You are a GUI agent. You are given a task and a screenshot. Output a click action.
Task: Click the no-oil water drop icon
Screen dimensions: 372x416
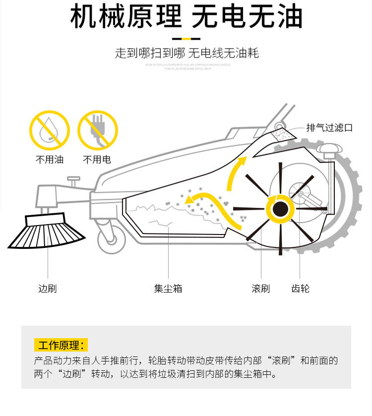(x=49, y=130)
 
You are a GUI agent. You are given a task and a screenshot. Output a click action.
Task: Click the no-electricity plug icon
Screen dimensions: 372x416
(x=98, y=130)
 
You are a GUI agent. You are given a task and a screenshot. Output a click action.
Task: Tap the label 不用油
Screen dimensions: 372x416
(x=49, y=160)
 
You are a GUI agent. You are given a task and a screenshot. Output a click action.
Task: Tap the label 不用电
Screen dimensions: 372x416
(x=97, y=160)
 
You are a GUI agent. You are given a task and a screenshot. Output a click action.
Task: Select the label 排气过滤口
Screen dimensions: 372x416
(x=329, y=128)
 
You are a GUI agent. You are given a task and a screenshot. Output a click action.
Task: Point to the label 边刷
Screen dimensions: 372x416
(x=48, y=288)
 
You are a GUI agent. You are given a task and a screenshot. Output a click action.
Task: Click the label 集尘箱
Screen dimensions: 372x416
(x=168, y=288)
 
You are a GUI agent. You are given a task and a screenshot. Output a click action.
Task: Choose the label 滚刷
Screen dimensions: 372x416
(x=261, y=288)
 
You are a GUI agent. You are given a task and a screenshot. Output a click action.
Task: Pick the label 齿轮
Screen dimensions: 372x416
(x=301, y=288)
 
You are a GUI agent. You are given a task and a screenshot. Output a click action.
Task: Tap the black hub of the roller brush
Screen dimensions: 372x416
(x=280, y=209)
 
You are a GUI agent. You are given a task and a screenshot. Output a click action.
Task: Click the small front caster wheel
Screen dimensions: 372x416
(x=112, y=240)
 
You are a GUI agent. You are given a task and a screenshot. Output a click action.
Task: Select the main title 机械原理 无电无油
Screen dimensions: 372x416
(x=186, y=17)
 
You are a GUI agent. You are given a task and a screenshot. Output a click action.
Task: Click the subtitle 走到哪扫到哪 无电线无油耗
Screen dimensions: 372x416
(x=186, y=53)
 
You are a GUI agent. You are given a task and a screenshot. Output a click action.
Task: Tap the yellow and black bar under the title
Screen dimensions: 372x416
(x=186, y=38)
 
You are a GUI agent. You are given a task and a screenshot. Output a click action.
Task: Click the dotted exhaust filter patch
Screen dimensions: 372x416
(x=284, y=134)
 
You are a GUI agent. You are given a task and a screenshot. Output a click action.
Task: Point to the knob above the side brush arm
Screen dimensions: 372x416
(x=73, y=179)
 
